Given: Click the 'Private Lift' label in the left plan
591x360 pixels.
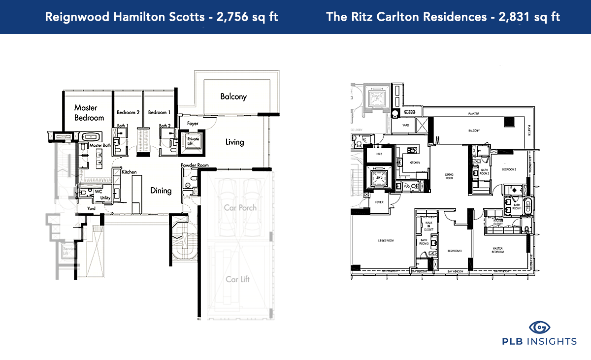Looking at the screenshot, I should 193,142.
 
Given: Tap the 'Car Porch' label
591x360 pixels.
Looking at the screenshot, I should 240,207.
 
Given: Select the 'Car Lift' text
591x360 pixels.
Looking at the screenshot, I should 238,279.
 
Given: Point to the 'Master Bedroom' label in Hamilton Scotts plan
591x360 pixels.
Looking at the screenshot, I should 89,113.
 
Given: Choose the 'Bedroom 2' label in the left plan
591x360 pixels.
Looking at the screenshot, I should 128,113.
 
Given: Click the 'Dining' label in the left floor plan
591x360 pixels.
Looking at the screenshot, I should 161,191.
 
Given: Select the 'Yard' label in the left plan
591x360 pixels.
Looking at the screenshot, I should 91,208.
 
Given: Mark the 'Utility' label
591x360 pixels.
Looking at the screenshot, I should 105,197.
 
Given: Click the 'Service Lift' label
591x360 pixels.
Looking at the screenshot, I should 67,252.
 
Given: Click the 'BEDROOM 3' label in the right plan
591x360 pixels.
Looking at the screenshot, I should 454,251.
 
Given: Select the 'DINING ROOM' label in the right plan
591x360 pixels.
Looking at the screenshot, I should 449,176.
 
